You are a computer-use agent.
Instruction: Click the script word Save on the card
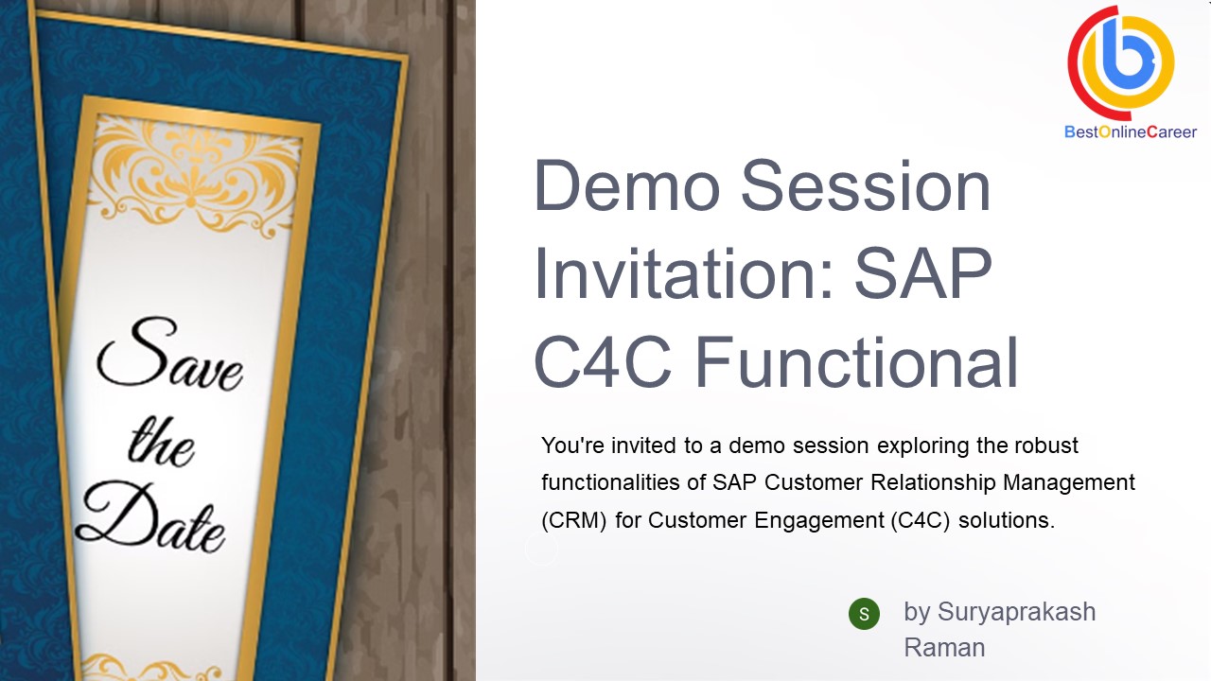click(x=170, y=357)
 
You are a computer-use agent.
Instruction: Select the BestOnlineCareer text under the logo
click(x=1131, y=132)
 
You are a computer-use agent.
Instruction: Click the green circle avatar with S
click(x=864, y=614)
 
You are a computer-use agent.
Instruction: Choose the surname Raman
click(x=944, y=648)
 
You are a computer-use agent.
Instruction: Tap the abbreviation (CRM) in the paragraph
click(x=574, y=520)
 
